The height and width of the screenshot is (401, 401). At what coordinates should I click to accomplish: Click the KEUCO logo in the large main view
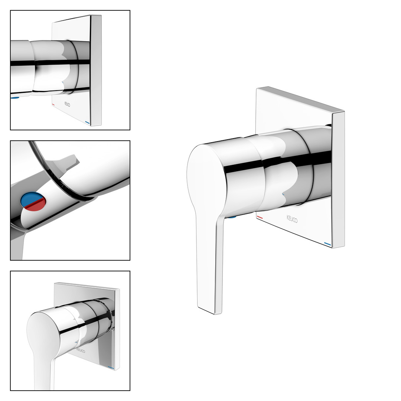coord(292,219)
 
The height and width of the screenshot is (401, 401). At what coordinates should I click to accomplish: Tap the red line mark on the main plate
coord(260,217)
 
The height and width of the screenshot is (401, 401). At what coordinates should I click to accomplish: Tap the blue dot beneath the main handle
coord(233,217)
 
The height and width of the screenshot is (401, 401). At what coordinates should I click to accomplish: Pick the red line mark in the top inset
coord(54,105)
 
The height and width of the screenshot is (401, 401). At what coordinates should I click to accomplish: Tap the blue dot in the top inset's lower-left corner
coord(15,98)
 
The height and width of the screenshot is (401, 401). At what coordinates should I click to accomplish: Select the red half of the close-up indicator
coord(35,205)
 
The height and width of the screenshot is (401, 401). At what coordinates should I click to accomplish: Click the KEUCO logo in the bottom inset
coord(81,351)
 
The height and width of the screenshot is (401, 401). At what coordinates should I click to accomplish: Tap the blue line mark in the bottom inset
coord(111,368)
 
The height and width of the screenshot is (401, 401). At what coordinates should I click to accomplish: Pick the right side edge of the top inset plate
coord(96,70)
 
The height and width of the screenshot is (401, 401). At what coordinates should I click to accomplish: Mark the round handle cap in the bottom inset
coord(43,332)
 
